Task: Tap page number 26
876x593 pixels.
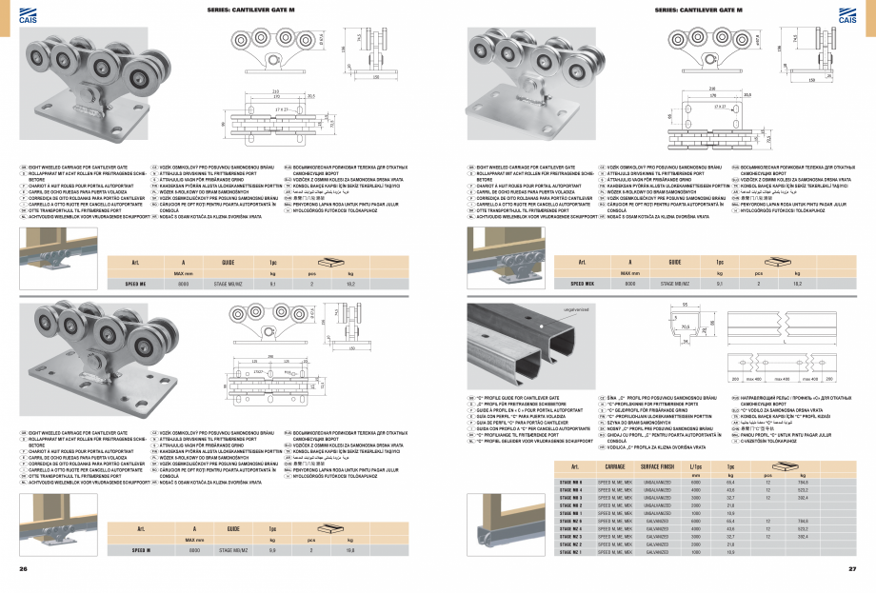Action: (x=23, y=569)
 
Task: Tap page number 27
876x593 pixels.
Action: (x=853, y=569)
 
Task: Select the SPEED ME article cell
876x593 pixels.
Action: (x=135, y=283)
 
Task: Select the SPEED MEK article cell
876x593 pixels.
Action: (x=583, y=283)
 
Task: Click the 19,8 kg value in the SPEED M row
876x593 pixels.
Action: (x=351, y=549)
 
